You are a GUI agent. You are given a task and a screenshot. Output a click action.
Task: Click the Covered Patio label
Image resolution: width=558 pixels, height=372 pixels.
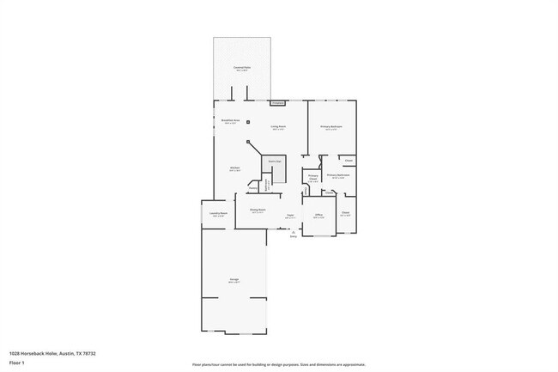point(241,67)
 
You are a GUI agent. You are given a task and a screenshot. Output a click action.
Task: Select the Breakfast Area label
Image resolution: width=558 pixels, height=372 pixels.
point(230,121)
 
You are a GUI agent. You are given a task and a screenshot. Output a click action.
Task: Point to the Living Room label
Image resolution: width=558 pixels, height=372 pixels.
point(278,127)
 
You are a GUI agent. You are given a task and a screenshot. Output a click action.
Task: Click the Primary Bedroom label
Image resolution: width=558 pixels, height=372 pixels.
point(331,127)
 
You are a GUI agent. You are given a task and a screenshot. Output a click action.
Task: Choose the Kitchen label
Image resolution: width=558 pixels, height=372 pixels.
point(234,168)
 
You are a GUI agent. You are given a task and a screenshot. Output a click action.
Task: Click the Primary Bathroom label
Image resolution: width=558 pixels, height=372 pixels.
point(337,175)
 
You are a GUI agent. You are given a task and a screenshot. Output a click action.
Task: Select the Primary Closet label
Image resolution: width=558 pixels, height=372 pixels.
point(313,178)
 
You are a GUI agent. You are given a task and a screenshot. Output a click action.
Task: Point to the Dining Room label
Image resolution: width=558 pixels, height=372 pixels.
point(258,210)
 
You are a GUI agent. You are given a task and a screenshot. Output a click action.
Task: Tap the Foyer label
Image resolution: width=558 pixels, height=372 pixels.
point(290,216)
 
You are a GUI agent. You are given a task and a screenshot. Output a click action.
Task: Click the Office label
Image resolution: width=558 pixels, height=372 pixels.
point(318,216)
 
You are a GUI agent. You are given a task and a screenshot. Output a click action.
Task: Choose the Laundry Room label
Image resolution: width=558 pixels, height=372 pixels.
point(218,214)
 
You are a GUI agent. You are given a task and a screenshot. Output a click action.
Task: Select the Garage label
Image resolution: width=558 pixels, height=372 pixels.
point(234,280)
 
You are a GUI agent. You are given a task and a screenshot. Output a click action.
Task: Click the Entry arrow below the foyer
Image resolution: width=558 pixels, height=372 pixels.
point(294,233)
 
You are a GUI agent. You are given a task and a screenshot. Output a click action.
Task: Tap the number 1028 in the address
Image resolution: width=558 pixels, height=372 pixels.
point(15,353)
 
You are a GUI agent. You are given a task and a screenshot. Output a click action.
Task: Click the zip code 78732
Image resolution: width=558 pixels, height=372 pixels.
point(88,353)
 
